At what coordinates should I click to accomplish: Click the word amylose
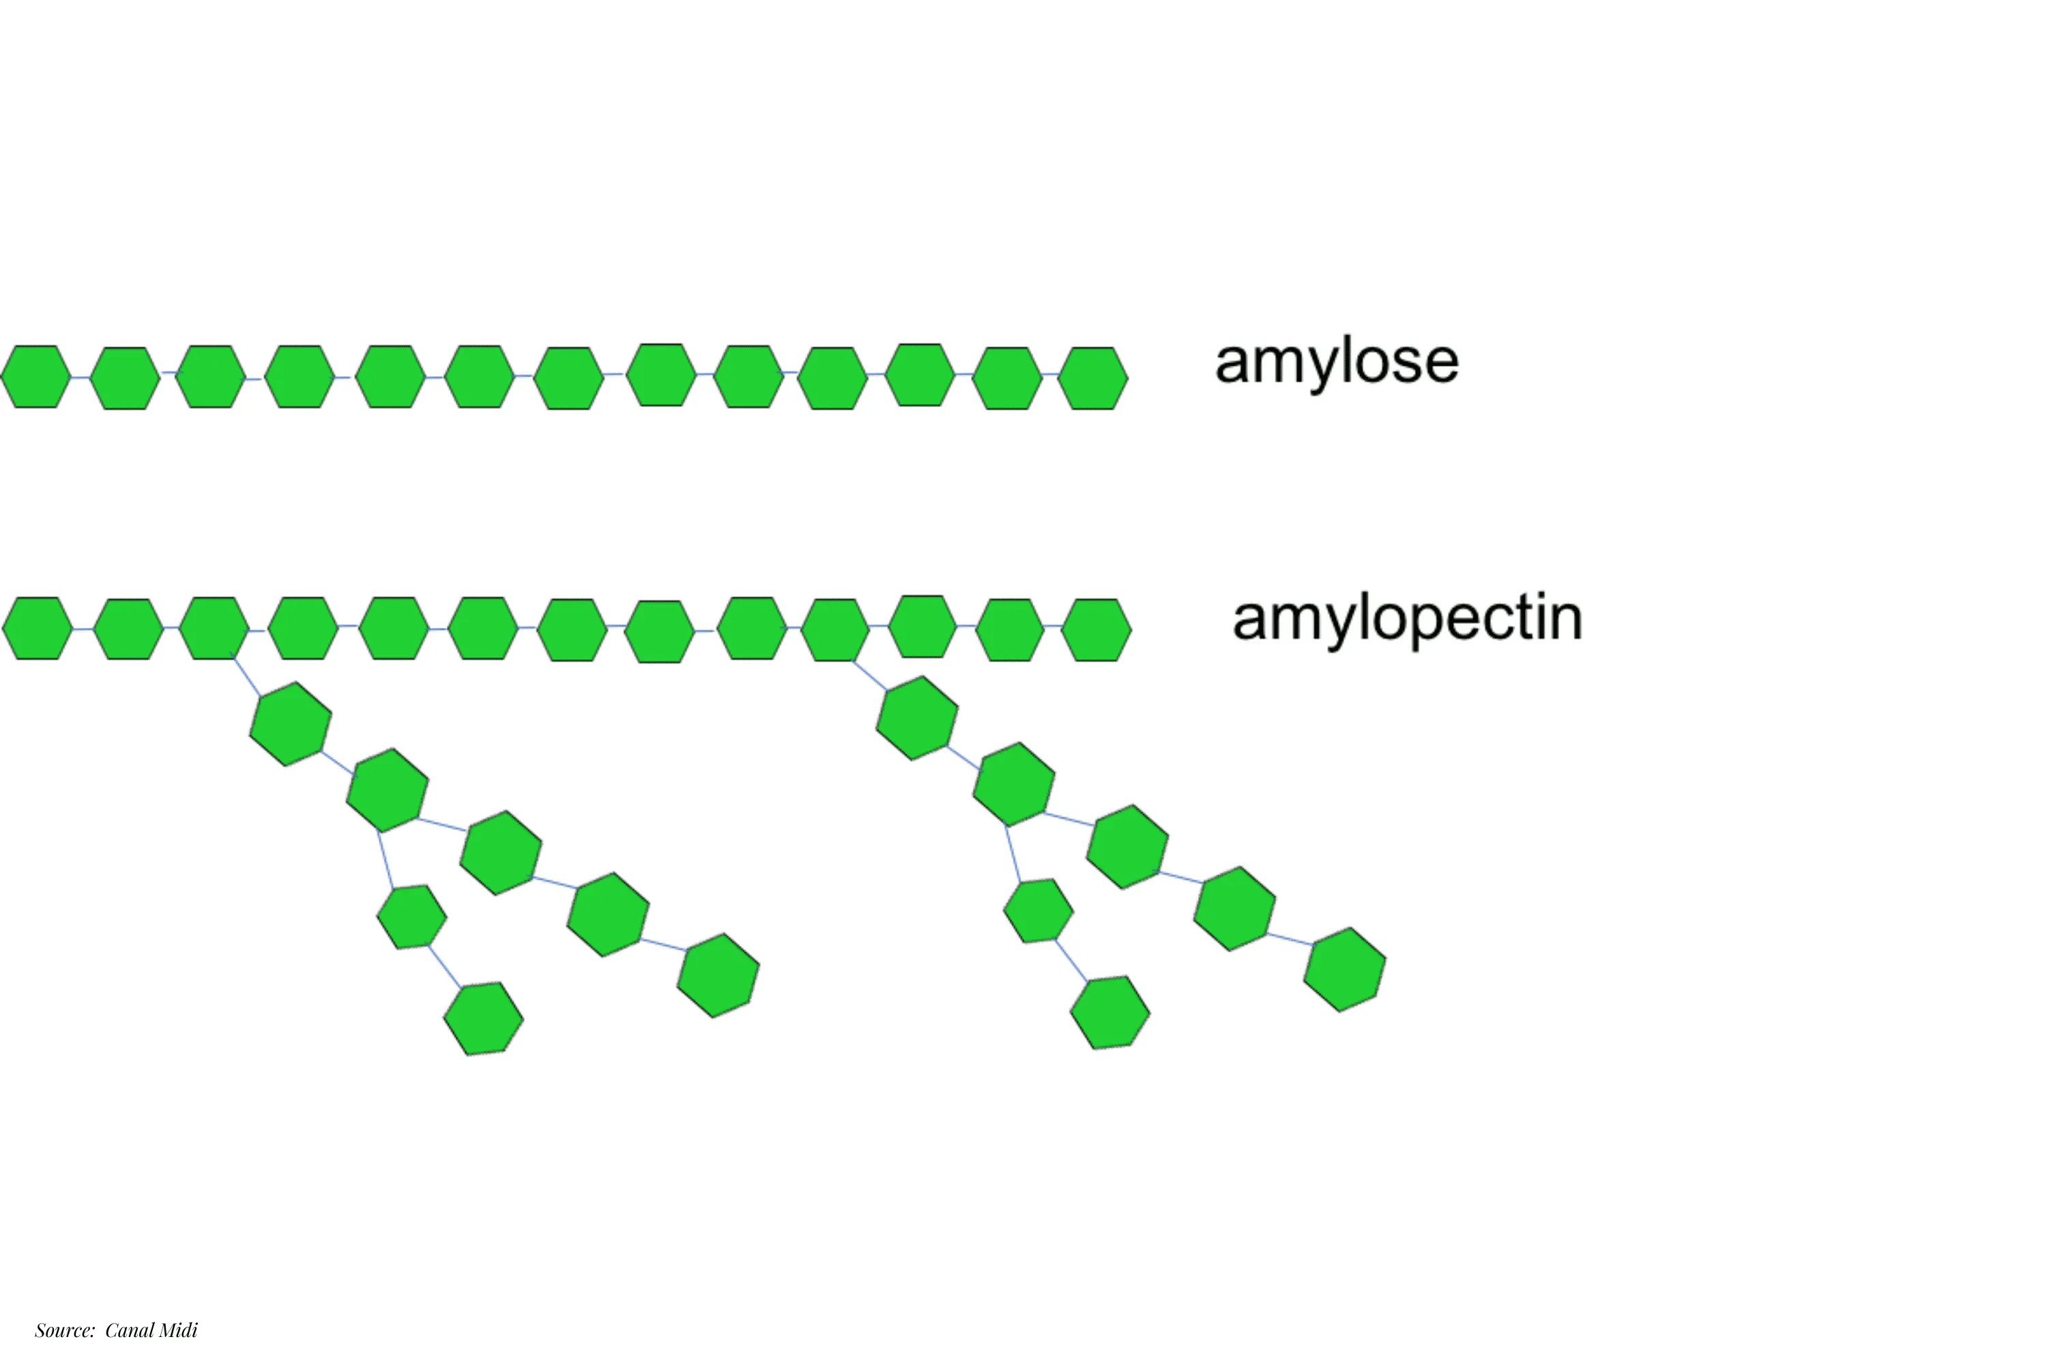pos(1336,362)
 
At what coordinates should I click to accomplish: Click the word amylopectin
pos(1406,619)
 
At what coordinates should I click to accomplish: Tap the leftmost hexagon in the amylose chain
pos(35,376)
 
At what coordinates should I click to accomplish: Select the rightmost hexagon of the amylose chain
pos(1093,378)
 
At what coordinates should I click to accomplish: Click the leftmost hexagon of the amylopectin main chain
pos(38,628)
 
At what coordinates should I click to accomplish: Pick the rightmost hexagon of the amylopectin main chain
pos(1097,629)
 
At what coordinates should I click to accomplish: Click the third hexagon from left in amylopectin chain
pos(214,628)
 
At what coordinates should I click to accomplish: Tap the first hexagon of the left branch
pos(291,723)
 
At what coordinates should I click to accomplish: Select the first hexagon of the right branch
pos(917,718)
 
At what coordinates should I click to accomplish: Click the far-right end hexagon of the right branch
pos(1345,970)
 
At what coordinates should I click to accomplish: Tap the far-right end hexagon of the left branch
pos(718,975)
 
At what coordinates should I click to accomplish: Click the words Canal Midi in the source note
pos(151,1330)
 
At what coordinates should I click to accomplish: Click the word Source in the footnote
pos(63,1330)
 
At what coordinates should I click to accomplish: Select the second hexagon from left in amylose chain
pos(126,378)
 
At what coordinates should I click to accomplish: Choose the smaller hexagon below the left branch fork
pos(411,916)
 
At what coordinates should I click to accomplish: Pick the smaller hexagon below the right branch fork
pos(1039,910)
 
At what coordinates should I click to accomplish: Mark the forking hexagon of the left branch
pos(388,790)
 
